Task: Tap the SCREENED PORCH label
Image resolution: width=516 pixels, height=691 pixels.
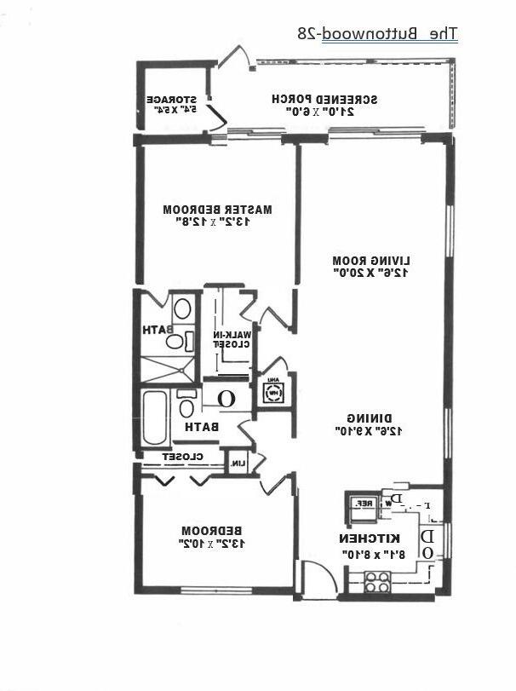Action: [324, 99]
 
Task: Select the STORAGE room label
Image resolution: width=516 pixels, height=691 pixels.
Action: [176, 99]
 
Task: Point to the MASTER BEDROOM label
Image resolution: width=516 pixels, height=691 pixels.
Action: [218, 209]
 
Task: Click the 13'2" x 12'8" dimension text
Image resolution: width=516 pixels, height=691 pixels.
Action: [218, 222]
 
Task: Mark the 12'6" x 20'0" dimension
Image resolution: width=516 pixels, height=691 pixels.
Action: [371, 274]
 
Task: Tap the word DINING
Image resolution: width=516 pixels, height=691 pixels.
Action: [370, 417]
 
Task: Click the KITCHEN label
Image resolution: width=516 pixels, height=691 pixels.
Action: [370, 538]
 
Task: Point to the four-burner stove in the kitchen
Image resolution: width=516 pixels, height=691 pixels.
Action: [377, 582]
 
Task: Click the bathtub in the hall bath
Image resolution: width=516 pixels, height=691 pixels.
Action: [154, 417]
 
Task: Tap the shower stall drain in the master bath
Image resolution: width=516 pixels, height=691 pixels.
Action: [167, 368]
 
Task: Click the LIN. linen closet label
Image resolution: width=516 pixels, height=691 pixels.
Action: [238, 464]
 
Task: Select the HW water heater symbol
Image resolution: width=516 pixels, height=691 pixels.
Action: [273, 394]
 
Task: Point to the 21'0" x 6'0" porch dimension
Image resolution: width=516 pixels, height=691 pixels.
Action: [324, 112]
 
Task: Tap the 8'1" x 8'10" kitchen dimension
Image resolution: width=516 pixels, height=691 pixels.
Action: [370, 554]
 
